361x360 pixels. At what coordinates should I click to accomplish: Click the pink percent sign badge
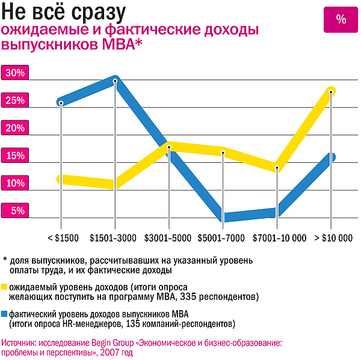[341, 19]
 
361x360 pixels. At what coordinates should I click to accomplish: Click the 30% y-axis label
[14, 73]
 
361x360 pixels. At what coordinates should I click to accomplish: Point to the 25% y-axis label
[14, 100]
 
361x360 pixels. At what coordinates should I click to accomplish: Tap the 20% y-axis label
[14, 128]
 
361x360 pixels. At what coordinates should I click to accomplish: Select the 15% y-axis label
[14, 156]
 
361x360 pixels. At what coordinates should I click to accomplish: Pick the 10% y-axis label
[14, 183]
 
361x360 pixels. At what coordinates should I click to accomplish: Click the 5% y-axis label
[17, 211]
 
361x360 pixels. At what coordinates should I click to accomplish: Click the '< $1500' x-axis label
[63, 239]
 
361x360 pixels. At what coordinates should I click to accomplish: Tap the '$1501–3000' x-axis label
[113, 239]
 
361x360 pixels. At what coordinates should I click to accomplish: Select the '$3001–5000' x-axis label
[168, 239]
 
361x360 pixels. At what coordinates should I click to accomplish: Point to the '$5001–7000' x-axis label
[223, 239]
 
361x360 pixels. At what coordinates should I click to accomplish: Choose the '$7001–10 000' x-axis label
[279, 239]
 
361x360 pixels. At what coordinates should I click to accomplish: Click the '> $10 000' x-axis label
[333, 239]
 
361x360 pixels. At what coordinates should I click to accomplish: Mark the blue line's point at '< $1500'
[61, 102]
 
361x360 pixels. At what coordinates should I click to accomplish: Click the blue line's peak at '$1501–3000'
[115, 80]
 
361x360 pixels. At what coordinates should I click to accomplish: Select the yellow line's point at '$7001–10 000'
[276, 168]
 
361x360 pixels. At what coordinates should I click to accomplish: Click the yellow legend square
[5, 287]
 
